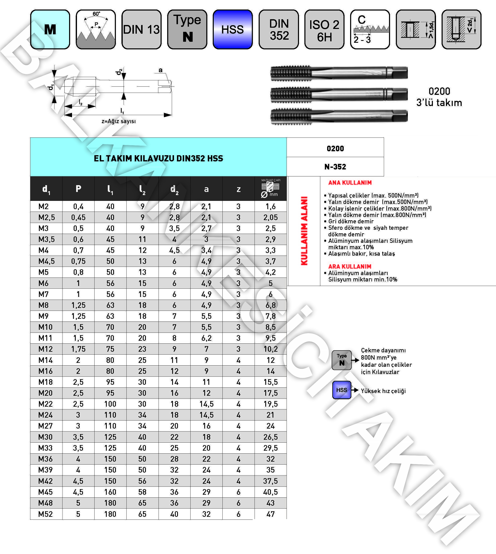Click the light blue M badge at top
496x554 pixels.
(x=50, y=29)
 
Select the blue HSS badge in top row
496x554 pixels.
(x=232, y=29)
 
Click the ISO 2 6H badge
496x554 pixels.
(x=324, y=29)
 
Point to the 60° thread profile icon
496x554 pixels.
(x=96, y=29)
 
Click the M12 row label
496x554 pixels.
(x=46, y=349)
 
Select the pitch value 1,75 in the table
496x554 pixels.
(x=78, y=349)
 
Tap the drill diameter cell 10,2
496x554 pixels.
(x=270, y=349)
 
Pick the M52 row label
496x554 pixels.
(x=46, y=514)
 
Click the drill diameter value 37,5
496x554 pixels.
(x=270, y=481)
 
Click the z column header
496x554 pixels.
(x=238, y=189)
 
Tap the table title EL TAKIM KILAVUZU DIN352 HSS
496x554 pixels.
(x=158, y=158)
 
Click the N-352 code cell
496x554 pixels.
(x=335, y=167)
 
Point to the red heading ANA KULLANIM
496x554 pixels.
(x=350, y=183)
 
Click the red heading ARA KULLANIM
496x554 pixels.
(x=350, y=266)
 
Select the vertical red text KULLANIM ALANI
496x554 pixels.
(x=304, y=231)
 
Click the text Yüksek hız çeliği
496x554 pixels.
(x=383, y=391)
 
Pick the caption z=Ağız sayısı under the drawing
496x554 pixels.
(x=119, y=121)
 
